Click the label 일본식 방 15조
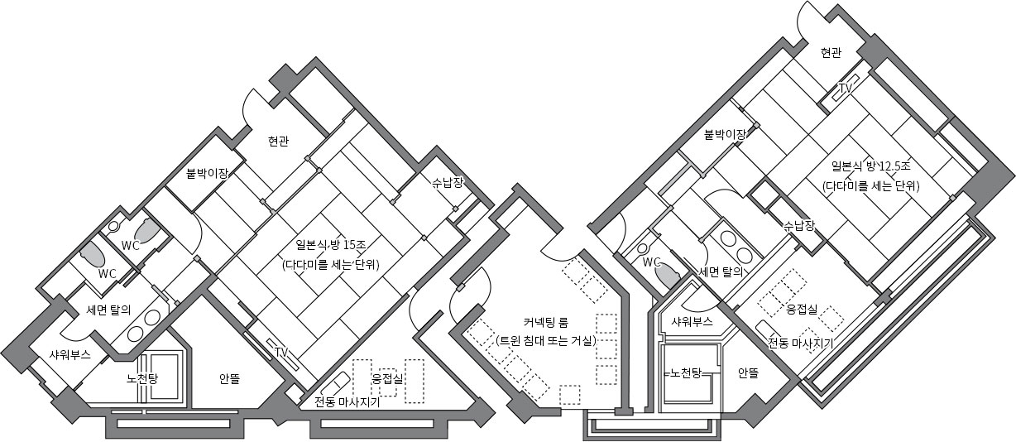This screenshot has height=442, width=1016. [331, 246]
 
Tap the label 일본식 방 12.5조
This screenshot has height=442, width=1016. [870, 166]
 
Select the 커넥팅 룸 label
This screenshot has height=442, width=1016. [546, 323]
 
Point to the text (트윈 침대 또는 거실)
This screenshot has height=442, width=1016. [546, 341]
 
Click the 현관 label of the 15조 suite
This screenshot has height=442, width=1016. [278, 142]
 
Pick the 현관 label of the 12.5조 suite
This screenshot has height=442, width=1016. [831, 53]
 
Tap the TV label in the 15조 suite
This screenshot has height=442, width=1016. [281, 352]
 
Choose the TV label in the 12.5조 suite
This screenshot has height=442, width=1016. [846, 88]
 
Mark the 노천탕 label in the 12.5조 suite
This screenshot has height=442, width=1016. [686, 373]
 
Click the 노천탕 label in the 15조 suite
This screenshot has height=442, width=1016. [142, 378]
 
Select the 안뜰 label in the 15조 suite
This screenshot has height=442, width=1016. [229, 379]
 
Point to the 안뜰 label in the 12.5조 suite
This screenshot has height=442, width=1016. [748, 373]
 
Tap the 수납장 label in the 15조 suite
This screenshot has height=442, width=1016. [448, 183]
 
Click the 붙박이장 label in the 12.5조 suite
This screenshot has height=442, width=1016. [724, 134]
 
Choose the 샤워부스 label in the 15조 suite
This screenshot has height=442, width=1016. [69, 354]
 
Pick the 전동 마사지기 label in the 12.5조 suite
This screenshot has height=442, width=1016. [801, 343]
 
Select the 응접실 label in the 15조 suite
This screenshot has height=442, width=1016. [387, 378]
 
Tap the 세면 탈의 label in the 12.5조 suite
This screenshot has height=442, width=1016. [721, 271]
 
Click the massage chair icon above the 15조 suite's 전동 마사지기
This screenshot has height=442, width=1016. [334, 384]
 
